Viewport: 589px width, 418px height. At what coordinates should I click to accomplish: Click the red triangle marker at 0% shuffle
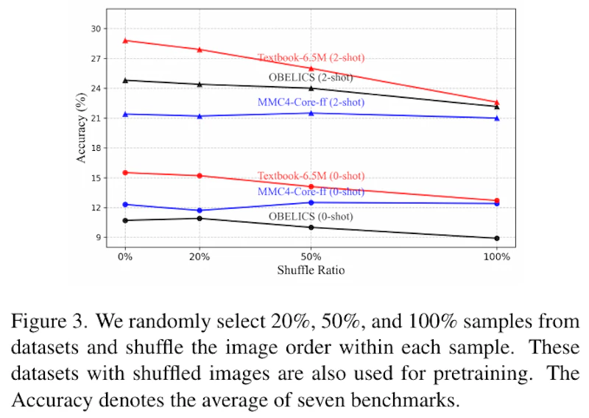coord(125,40)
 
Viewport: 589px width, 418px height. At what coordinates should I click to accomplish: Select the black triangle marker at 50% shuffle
coord(311,88)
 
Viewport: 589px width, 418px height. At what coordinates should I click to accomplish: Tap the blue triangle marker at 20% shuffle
coord(200,116)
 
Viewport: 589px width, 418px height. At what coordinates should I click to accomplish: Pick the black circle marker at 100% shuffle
coord(497,238)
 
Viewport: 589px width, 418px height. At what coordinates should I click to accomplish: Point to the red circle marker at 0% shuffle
coord(125,173)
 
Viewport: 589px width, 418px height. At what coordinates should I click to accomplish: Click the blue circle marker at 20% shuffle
coord(200,210)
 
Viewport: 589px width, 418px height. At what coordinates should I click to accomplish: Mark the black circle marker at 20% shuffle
coord(200,219)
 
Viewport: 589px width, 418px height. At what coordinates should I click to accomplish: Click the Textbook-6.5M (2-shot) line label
coord(311,58)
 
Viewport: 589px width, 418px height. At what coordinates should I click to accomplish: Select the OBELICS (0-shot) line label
coord(311,216)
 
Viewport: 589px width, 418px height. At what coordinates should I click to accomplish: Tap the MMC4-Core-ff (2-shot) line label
coord(311,102)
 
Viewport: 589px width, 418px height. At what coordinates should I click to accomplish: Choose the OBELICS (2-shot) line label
coord(311,78)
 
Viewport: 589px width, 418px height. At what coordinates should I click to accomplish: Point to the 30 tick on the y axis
coord(96,29)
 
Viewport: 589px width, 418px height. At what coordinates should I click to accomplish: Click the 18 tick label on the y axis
coord(96,148)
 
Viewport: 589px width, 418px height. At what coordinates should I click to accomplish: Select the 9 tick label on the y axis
coord(99,238)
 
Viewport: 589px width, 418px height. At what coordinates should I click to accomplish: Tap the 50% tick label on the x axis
coord(311,257)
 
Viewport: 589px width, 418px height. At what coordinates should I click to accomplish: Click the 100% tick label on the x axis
coord(497,257)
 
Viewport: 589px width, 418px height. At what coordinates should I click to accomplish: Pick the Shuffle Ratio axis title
coord(311,270)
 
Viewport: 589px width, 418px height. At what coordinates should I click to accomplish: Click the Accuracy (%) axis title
coord(81,128)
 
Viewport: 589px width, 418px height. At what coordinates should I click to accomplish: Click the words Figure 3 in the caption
coord(49,322)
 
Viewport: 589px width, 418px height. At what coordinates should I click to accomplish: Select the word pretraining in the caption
coord(483,374)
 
